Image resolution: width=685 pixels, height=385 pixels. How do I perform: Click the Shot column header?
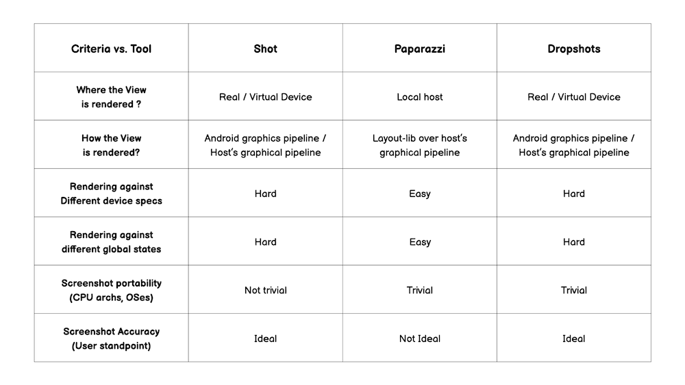(x=265, y=49)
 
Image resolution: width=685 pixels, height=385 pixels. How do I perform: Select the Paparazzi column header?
(x=419, y=49)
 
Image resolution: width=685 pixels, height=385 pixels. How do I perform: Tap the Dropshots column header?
(x=573, y=49)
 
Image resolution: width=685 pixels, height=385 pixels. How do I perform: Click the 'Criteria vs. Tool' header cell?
(x=111, y=49)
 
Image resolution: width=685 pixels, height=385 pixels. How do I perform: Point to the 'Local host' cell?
(x=419, y=97)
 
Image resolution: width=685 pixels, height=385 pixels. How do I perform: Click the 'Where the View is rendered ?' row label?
(x=111, y=97)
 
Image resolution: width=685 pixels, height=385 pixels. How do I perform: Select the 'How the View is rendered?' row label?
(x=111, y=145)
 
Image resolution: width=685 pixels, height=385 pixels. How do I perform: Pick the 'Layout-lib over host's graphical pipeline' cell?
(x=419, y=145)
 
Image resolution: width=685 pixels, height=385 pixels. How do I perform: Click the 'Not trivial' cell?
(x=265, y=290)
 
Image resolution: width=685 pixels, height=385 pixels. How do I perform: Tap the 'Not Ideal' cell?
(x=419, y=338)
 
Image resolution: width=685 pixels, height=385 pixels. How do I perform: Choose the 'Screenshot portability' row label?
(x=111, y=290)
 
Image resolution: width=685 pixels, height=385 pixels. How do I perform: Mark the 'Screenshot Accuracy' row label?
(x=111, y=338)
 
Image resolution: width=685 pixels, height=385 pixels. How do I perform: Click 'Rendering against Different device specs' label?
(x=111, y=194)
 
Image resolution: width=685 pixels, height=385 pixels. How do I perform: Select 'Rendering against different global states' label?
(x=111, y=241)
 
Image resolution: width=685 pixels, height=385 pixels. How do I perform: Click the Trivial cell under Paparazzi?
(x=419, y=290)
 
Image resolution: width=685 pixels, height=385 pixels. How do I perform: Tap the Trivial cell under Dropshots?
(x=573, y=290)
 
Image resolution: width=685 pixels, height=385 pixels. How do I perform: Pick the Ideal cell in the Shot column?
(x=265, y=338)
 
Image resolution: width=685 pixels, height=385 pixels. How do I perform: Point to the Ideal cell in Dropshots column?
(x=573, y=338)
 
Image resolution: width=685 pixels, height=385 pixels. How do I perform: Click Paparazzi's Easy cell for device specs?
(x=419, y=194)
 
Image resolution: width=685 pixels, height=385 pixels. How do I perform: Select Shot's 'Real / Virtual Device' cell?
(x=265, y=97)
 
